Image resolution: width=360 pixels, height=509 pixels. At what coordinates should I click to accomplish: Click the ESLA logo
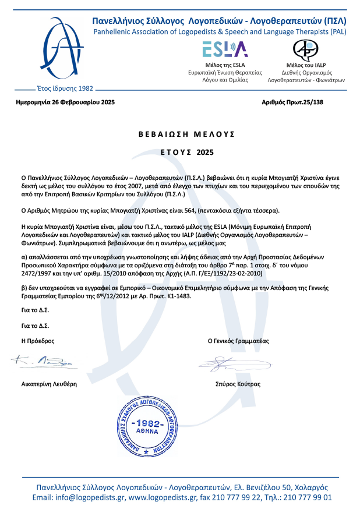pyautogui.click(x=225, y=48)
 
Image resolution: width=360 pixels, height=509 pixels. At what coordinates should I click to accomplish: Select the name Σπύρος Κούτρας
pyautogui.click(x=238, y=384)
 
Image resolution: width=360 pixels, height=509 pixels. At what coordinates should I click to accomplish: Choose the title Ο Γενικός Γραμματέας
pyautogui.click(x=238, y=341)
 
